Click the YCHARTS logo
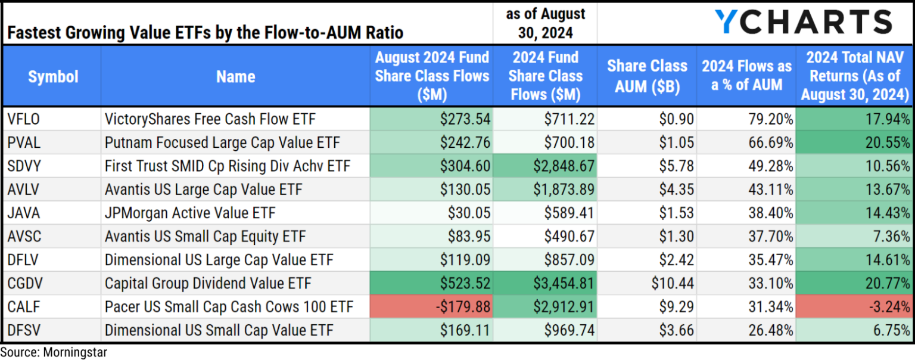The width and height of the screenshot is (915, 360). click(803, 22)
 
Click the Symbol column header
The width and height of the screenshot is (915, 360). click(53, 76)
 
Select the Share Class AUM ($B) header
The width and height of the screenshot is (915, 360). click(647, 76)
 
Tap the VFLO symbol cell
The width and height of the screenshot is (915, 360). click(24, 119)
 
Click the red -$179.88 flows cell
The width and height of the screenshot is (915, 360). click(431, 307)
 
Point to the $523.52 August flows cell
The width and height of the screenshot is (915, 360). click(431, 284)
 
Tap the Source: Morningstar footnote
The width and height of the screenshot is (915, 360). click(54, 352)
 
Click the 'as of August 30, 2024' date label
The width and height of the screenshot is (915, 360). click(545, 22)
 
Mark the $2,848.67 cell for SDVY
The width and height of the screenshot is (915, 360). click(545, 166)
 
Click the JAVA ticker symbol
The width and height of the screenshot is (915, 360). click(24, 213)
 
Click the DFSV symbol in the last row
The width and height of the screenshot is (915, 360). click(24, 330)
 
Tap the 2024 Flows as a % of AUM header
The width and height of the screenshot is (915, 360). click(746, 76)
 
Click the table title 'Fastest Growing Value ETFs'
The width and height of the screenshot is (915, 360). click(205, 32)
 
